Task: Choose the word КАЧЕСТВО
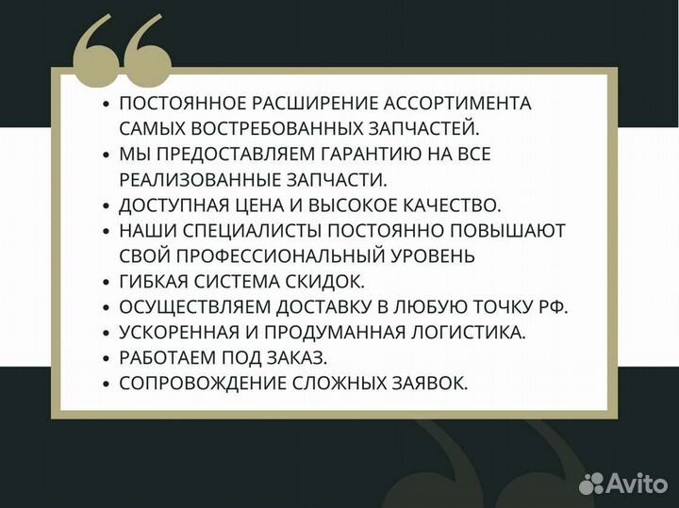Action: pos(446,205)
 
